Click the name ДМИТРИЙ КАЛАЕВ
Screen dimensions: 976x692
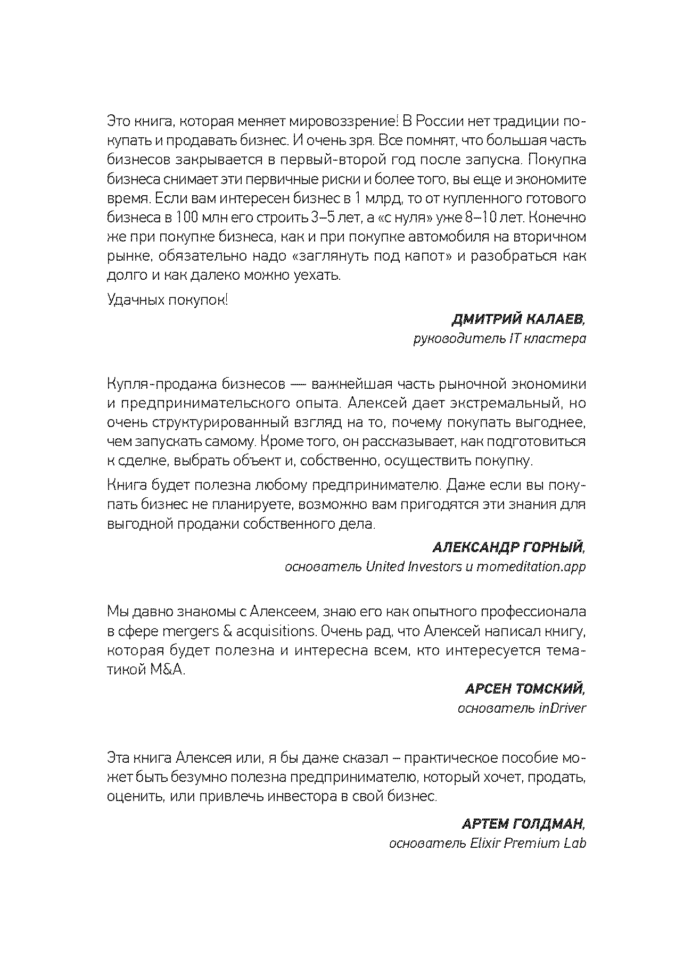[518, 320]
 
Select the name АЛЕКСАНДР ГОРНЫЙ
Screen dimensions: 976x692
[508, 547]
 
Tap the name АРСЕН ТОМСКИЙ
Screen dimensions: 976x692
[524, 689]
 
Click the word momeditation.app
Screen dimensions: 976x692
[531, 566]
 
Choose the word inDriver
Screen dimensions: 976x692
[559, 708]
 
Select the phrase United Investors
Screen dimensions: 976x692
[414, 566]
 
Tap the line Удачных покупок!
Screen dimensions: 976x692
[168, 301]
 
